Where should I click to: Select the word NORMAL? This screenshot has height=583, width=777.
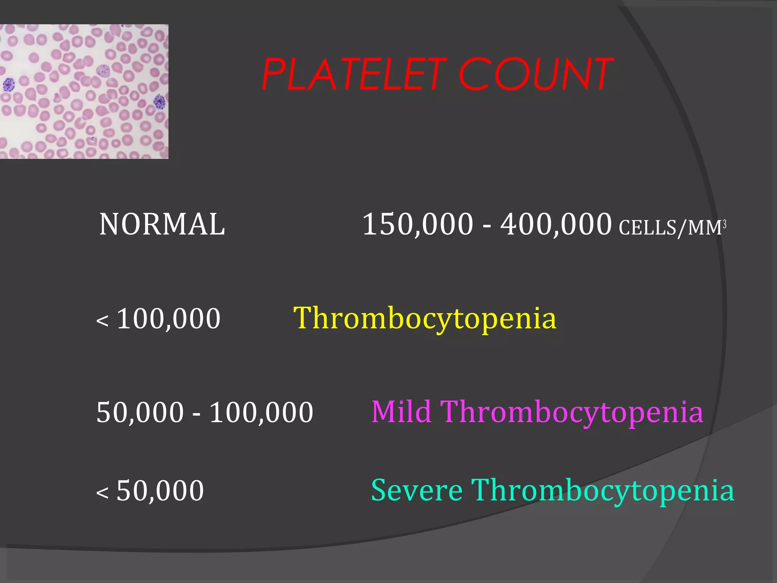(x=162, y=224)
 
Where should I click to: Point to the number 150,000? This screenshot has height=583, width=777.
(x=418, y=224)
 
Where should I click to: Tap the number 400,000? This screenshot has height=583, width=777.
(x=556, y=224)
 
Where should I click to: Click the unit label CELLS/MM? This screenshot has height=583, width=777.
(x=670, y=228)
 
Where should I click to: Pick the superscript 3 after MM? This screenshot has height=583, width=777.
(x=724, y=225)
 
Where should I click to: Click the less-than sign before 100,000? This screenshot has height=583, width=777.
(x=102, y=321)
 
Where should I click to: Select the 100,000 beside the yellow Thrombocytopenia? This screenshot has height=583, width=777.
(x=168, y=318)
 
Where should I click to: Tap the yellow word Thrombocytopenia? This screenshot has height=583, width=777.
(x=425, y=318)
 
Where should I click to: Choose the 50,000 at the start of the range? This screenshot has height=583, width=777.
(x=140, y=412)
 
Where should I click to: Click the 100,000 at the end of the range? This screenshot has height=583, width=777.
(x=261, y=412)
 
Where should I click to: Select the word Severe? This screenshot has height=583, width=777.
(x=417, y=490)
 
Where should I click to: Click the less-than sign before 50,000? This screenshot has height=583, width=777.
(x=102, y=493)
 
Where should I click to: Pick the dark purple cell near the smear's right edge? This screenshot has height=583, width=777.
(x=160, y=102)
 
